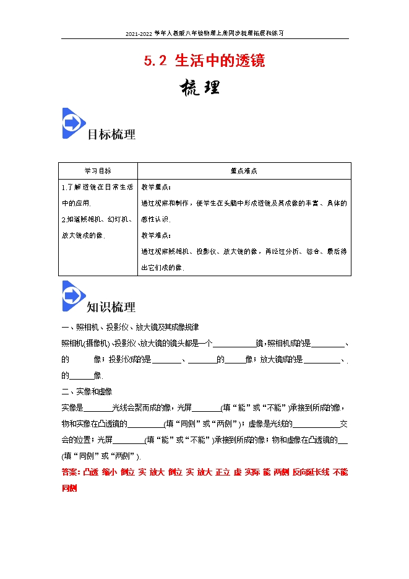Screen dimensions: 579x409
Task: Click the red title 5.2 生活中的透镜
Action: point(204,61)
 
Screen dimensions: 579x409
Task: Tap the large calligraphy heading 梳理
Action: point(199,87)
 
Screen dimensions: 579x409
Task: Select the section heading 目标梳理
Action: point(111,134)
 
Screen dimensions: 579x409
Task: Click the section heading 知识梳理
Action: point(111,307)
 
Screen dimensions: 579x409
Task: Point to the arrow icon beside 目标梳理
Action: point(74,123)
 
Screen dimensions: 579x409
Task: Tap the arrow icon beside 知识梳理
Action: point(74,296)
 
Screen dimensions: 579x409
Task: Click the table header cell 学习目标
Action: point(98,170)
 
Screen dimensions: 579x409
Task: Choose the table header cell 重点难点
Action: point(244,170)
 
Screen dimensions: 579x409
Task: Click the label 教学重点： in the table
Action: point(157,186)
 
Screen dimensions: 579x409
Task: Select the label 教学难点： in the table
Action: point(157,235)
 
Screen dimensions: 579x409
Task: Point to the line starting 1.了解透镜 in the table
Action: point(97,186)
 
